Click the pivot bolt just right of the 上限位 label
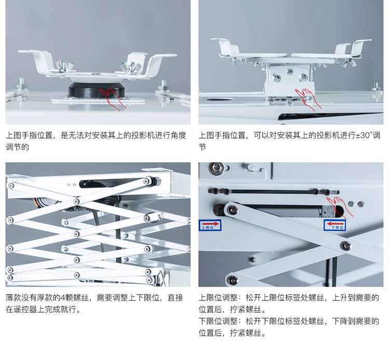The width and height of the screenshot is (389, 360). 233,210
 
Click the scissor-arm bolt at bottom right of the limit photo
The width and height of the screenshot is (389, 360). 346,245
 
